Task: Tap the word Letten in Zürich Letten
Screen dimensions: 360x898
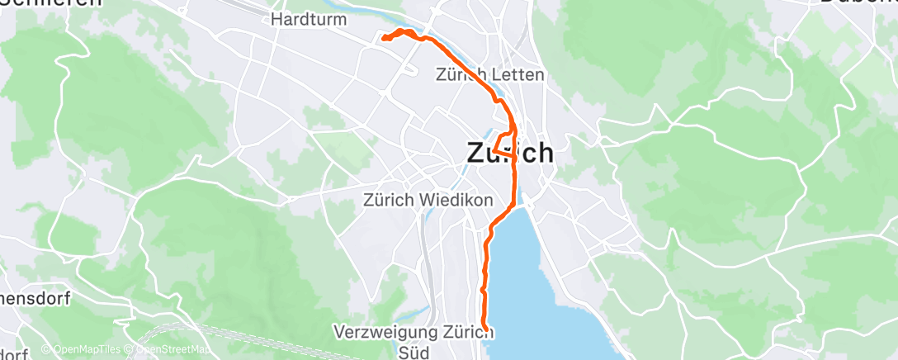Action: [520, 75]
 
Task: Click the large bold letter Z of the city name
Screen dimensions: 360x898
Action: [476, 154]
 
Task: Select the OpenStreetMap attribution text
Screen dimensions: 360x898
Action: [174, 350]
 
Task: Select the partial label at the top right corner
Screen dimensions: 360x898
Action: [858, 2]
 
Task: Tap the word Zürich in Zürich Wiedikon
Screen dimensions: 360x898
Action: [387, 200]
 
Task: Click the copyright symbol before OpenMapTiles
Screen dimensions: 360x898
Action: [45, 350]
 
